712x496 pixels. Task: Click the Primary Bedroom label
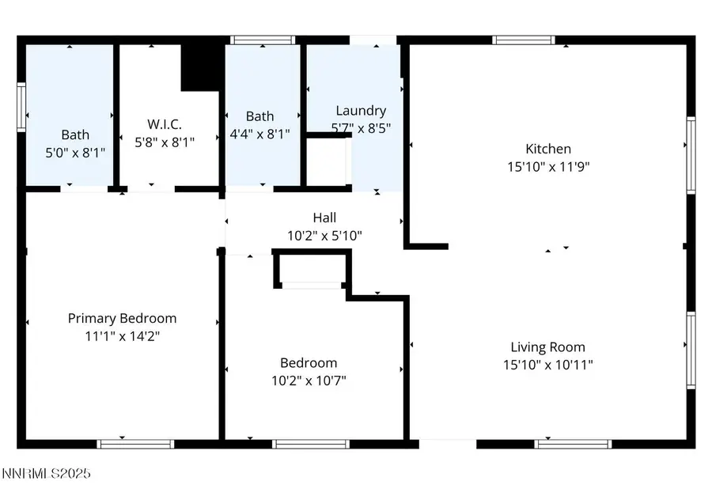122,318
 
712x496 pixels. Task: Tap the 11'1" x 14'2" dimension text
122,335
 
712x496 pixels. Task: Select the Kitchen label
548,149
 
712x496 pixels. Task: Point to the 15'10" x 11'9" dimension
548,166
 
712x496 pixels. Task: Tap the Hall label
324,218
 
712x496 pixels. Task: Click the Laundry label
361,111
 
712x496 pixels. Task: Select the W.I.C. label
165,124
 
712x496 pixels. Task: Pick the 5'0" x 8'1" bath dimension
76,150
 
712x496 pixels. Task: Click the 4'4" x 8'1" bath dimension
259,134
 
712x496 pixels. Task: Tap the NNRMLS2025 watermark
46,474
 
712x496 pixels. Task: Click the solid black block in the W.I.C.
200,66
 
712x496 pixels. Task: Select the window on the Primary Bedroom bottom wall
123,444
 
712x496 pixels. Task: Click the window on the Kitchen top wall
524,40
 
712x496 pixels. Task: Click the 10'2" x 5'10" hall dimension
324,235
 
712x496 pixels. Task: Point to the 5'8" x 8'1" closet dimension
165,142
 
